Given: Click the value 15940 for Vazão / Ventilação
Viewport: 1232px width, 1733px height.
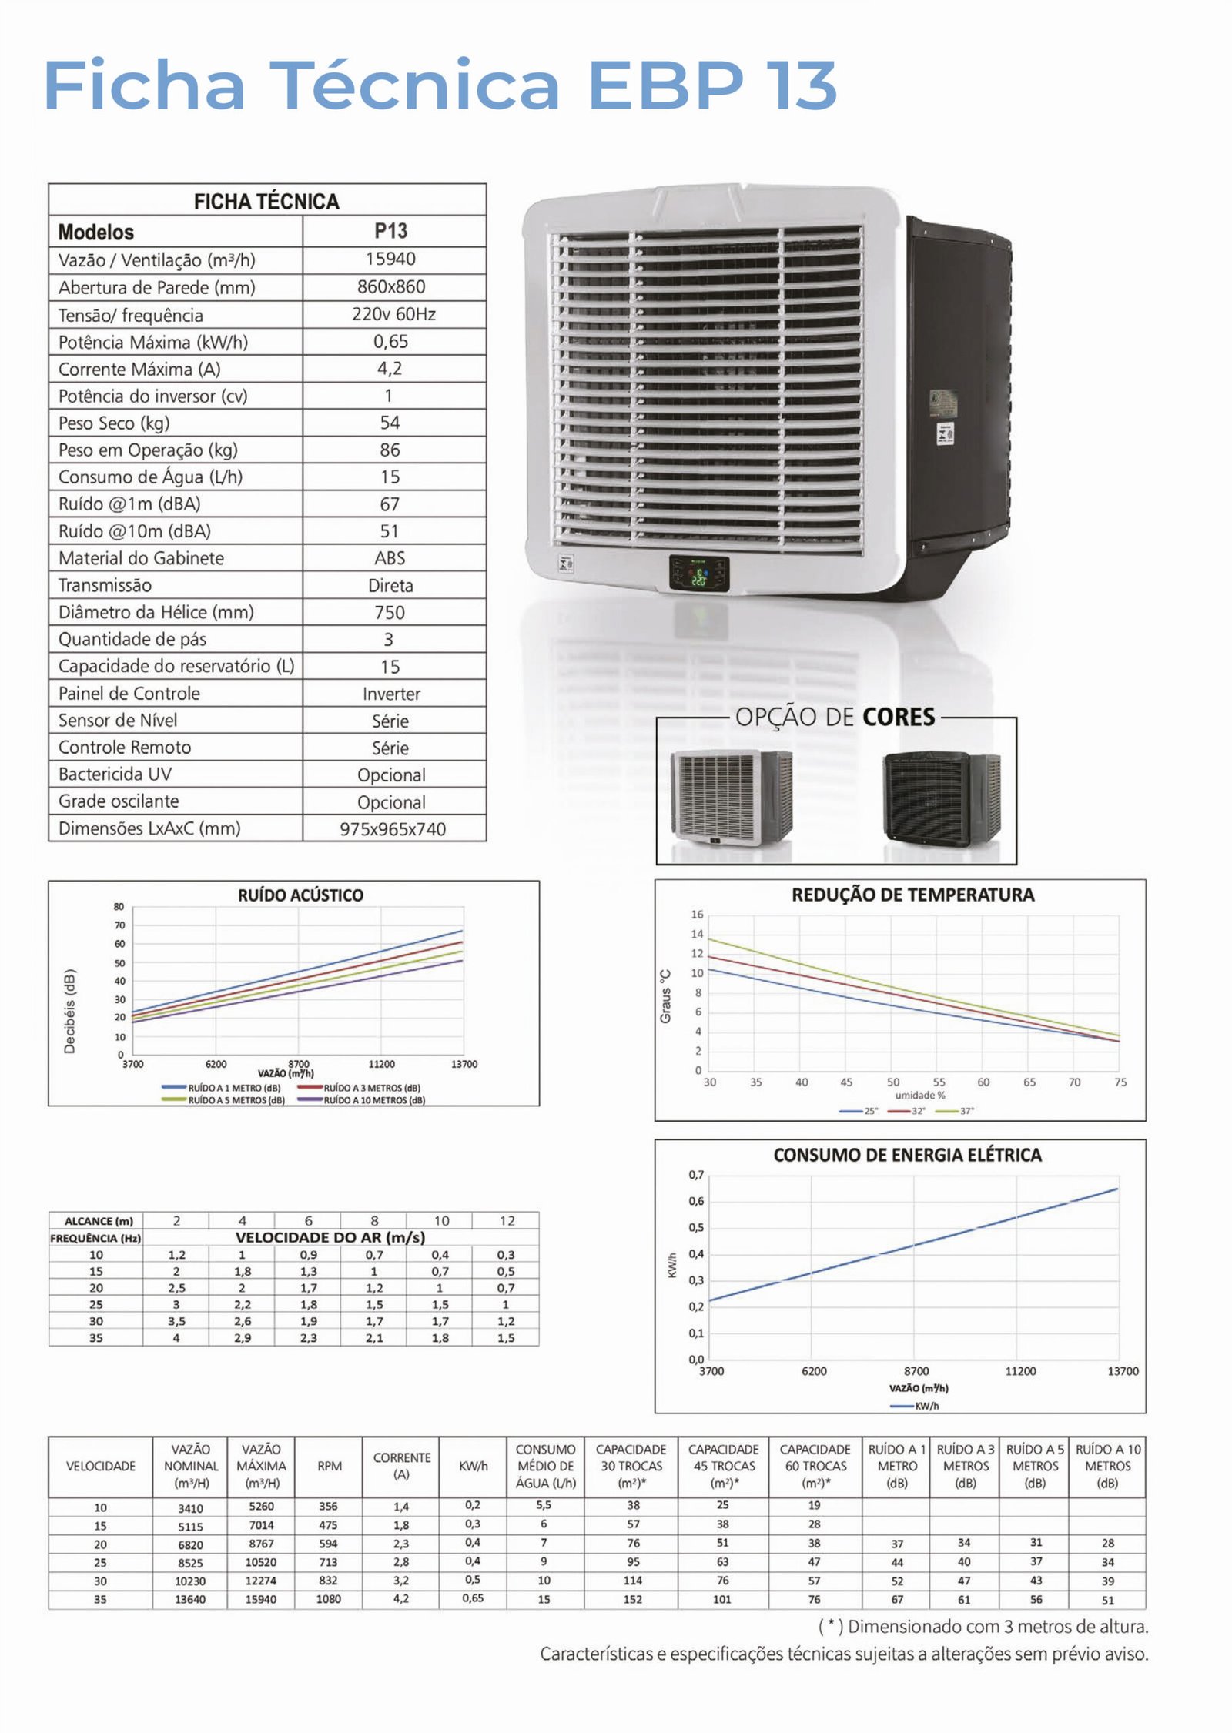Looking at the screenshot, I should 390,259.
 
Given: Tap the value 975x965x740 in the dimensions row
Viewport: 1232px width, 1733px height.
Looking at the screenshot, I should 393,829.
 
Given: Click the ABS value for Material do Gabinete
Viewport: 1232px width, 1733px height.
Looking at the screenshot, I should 390,558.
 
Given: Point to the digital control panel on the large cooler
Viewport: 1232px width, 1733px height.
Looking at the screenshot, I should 698,573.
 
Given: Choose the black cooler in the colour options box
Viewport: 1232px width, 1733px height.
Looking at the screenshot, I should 941,798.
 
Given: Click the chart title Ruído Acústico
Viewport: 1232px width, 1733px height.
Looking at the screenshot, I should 300,895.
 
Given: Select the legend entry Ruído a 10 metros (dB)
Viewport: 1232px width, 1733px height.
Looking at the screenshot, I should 373,1100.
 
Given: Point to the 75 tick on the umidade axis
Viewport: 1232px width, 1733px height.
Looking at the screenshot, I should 1120,1082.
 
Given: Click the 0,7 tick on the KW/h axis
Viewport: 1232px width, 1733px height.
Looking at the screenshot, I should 696,1175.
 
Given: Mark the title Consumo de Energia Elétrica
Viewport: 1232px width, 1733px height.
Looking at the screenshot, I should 907,1155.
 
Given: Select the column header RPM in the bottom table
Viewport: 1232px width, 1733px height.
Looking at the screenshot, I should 330,1466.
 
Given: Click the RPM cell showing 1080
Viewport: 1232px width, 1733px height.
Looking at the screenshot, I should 328,1599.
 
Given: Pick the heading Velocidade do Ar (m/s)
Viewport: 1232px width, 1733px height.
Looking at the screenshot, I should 330,1237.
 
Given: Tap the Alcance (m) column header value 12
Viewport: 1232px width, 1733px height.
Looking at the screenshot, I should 507,1220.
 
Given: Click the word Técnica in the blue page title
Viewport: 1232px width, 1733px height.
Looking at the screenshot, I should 414,85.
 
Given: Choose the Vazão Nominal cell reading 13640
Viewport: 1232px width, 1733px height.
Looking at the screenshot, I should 190,1600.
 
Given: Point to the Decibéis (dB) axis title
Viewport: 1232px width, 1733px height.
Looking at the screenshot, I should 70,1010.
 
